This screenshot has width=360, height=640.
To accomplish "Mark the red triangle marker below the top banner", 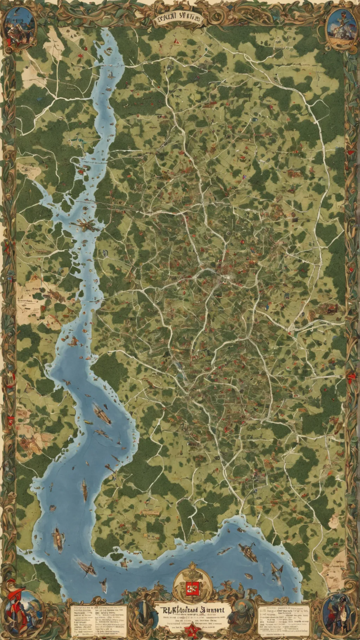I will tap(174, 42).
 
